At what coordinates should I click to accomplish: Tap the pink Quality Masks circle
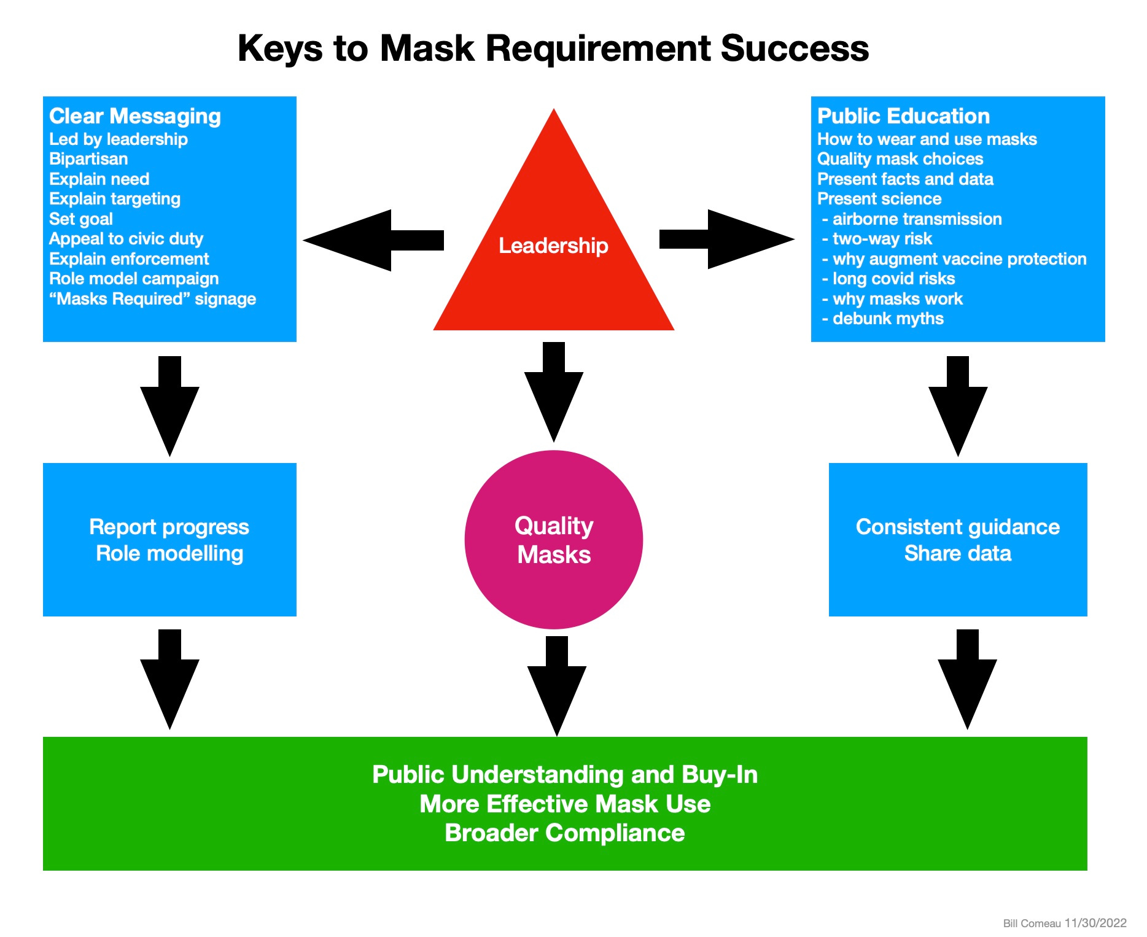click(x=553, y=540)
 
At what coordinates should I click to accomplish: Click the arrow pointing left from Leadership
click(x=375, y=240)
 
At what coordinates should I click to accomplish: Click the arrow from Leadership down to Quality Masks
click(x=553, y=393)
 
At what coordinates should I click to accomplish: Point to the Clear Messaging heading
click(x=135, y=116)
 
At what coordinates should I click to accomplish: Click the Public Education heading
click(x=903, y=116)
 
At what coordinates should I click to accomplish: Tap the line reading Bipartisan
click(x=88, y=159)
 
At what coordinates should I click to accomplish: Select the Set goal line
click(x=81, y=219)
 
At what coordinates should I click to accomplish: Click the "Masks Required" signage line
click(x=152, y=299)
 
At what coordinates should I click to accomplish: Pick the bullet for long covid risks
click(x=888, y=279)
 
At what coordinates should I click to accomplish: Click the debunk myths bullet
click(x=883, y=319)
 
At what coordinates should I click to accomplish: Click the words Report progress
click(x=169, y=527)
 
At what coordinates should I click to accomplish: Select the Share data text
click(x=957, y=553)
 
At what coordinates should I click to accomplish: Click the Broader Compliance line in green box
click(x=564, y=833)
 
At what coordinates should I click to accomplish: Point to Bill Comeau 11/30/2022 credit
click(x=1064, y=923)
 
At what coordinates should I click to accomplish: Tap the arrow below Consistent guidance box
click(x=966, y=682)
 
